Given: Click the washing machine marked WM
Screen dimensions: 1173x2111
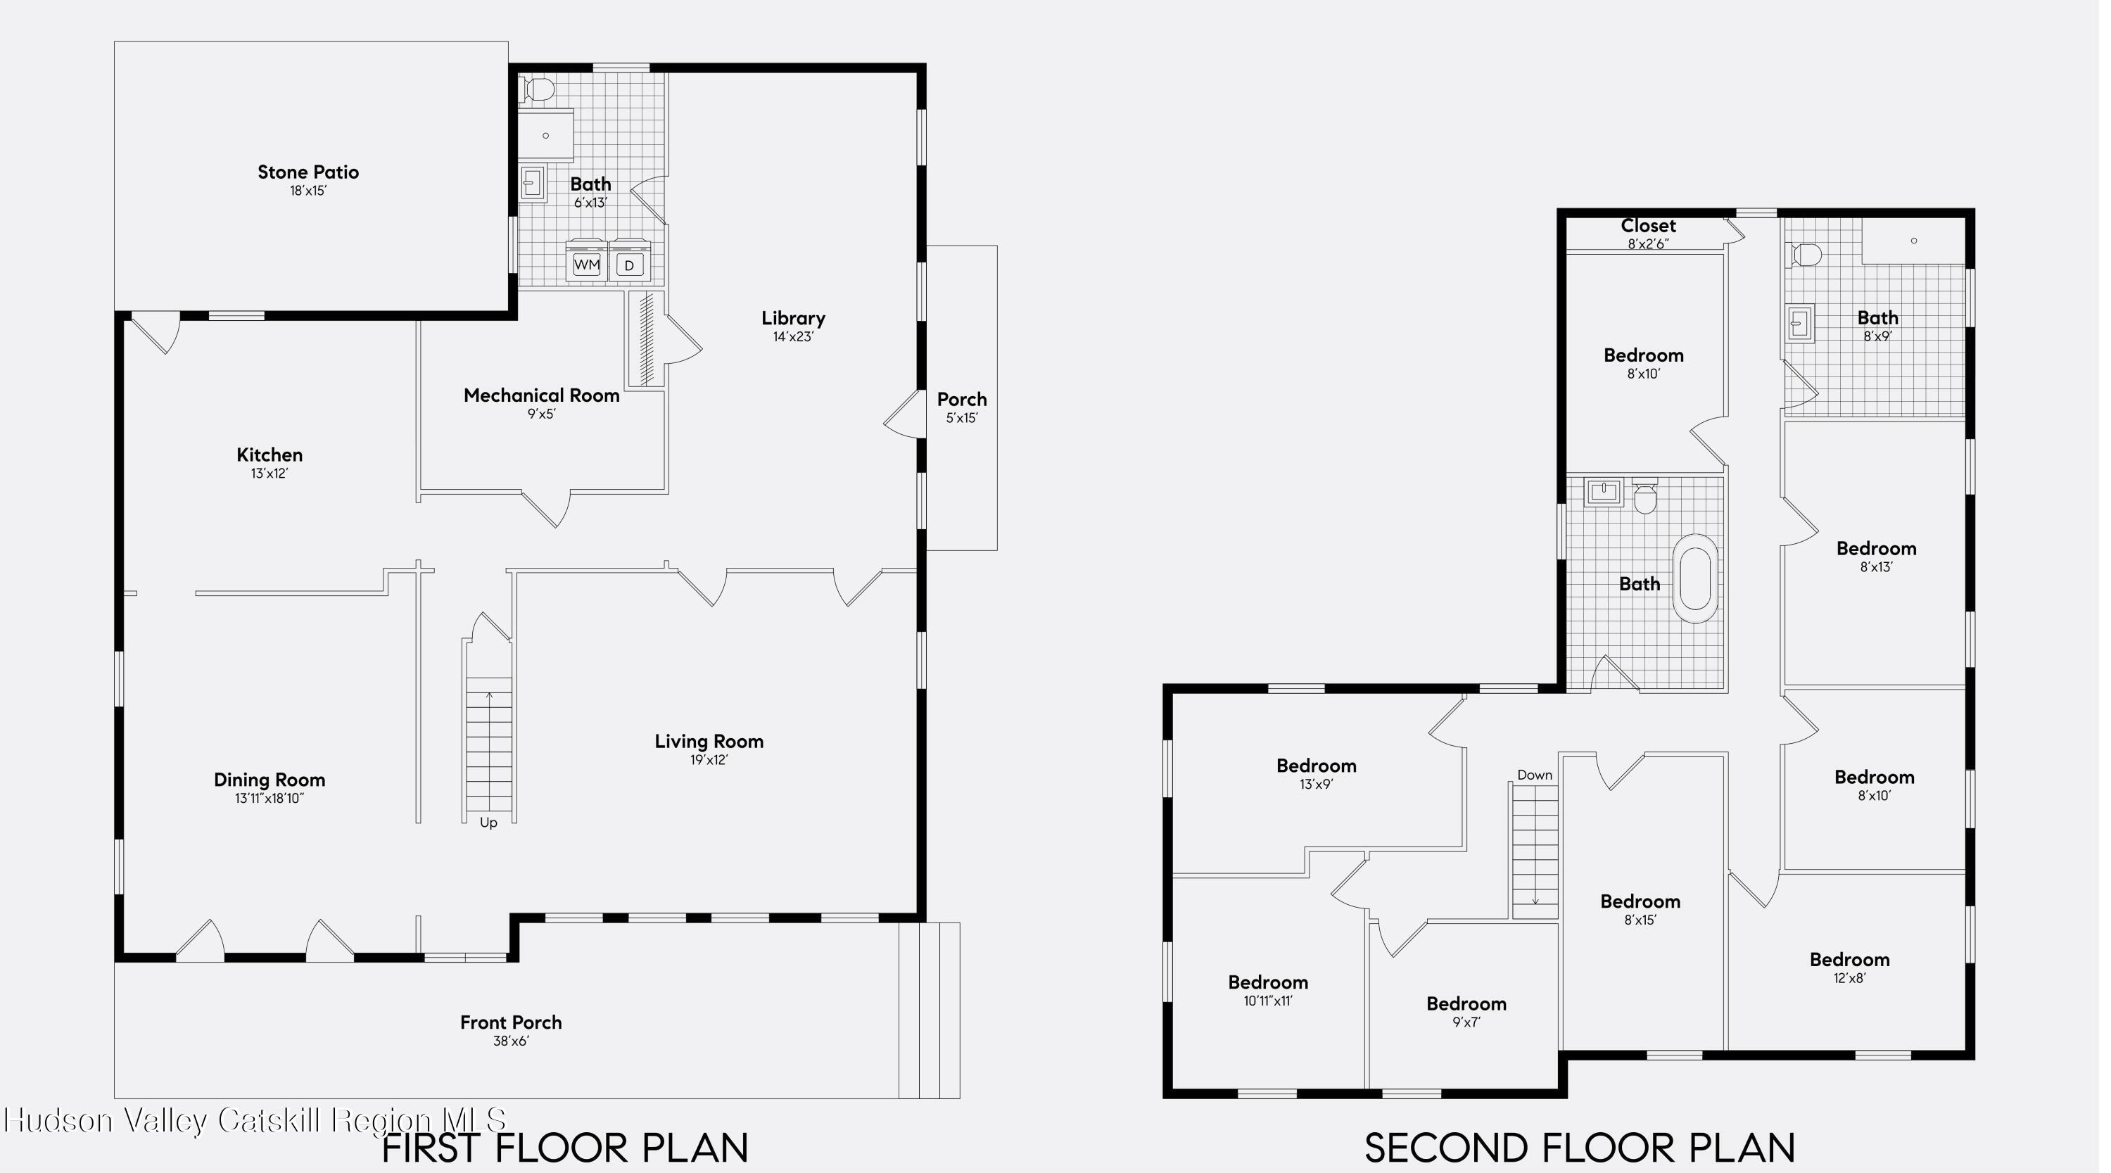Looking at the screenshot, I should [x=587, y=263].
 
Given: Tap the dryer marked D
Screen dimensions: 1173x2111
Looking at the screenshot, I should [x=629, y=264].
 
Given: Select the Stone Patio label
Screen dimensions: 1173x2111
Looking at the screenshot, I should [x=308, y=172].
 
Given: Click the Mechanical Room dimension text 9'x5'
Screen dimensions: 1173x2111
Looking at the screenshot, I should [x=541, y=414].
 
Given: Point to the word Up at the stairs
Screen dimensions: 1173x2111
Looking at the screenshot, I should [x=488, y=823].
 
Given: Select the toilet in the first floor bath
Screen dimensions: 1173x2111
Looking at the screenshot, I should [x=538, y=89].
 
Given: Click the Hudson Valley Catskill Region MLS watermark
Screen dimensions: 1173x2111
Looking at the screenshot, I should [x=255, y=1120].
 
